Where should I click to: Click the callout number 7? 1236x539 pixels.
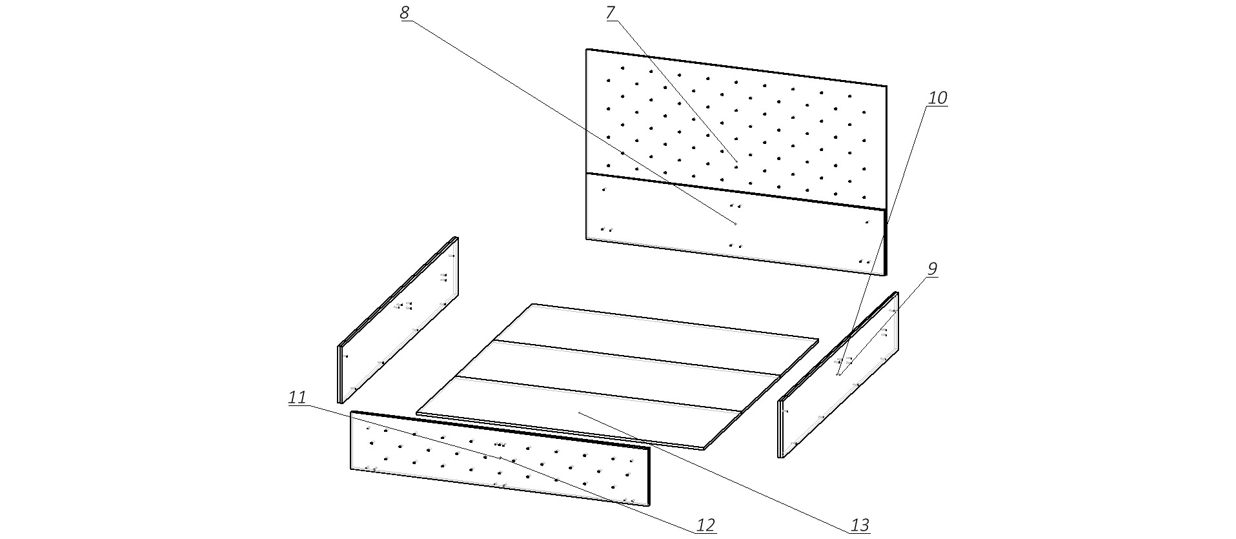(611, 13)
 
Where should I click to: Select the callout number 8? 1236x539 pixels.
(405, 13)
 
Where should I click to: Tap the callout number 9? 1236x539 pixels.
(932, 269)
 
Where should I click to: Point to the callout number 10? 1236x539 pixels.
(937, 98)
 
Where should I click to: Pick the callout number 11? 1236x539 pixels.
(297, 398)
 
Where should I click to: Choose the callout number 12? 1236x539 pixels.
(706, 525)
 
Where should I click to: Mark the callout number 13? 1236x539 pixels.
(860, 525)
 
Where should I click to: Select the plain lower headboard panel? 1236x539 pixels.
(736, 223)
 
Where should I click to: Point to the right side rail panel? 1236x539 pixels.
(839, 374)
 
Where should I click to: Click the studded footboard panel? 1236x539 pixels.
(500, 458)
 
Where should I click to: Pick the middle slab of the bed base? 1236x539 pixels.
(618, 375)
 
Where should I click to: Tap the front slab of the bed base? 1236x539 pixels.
(580, 413)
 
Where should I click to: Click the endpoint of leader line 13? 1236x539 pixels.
(578, 412)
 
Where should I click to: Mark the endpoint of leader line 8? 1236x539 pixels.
(735, 223)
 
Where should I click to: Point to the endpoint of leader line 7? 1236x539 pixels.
(736, 160)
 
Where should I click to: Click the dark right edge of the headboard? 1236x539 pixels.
(886, 179)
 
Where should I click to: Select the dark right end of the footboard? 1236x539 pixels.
(649, 476)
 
